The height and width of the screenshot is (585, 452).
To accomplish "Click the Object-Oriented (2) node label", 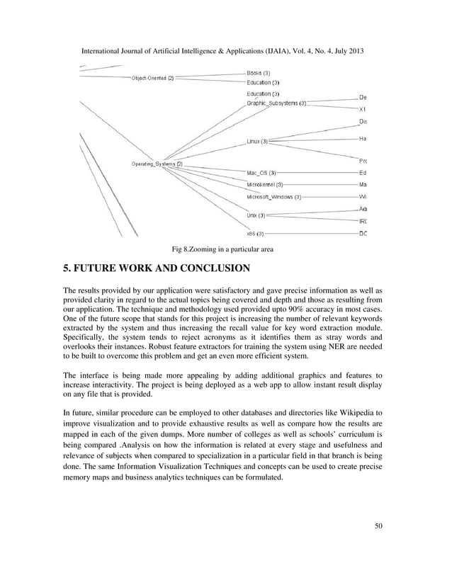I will pos(152,78).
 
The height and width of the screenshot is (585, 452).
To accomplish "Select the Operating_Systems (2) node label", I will pos(157,164).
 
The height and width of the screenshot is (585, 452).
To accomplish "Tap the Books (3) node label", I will pos(258,73).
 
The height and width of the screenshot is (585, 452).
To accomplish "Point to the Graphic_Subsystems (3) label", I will pos(276,103).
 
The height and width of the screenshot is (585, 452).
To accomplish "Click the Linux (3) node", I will pos(256,142).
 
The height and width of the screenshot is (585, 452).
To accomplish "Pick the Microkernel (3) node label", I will pos(264,185).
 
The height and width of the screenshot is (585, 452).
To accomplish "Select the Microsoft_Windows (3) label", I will pos(273,197).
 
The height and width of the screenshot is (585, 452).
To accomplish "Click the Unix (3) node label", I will pos(256,215).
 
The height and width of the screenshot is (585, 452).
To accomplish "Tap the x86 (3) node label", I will pos(255,233).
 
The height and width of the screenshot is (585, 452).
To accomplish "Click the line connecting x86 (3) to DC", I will pos(312,233).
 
